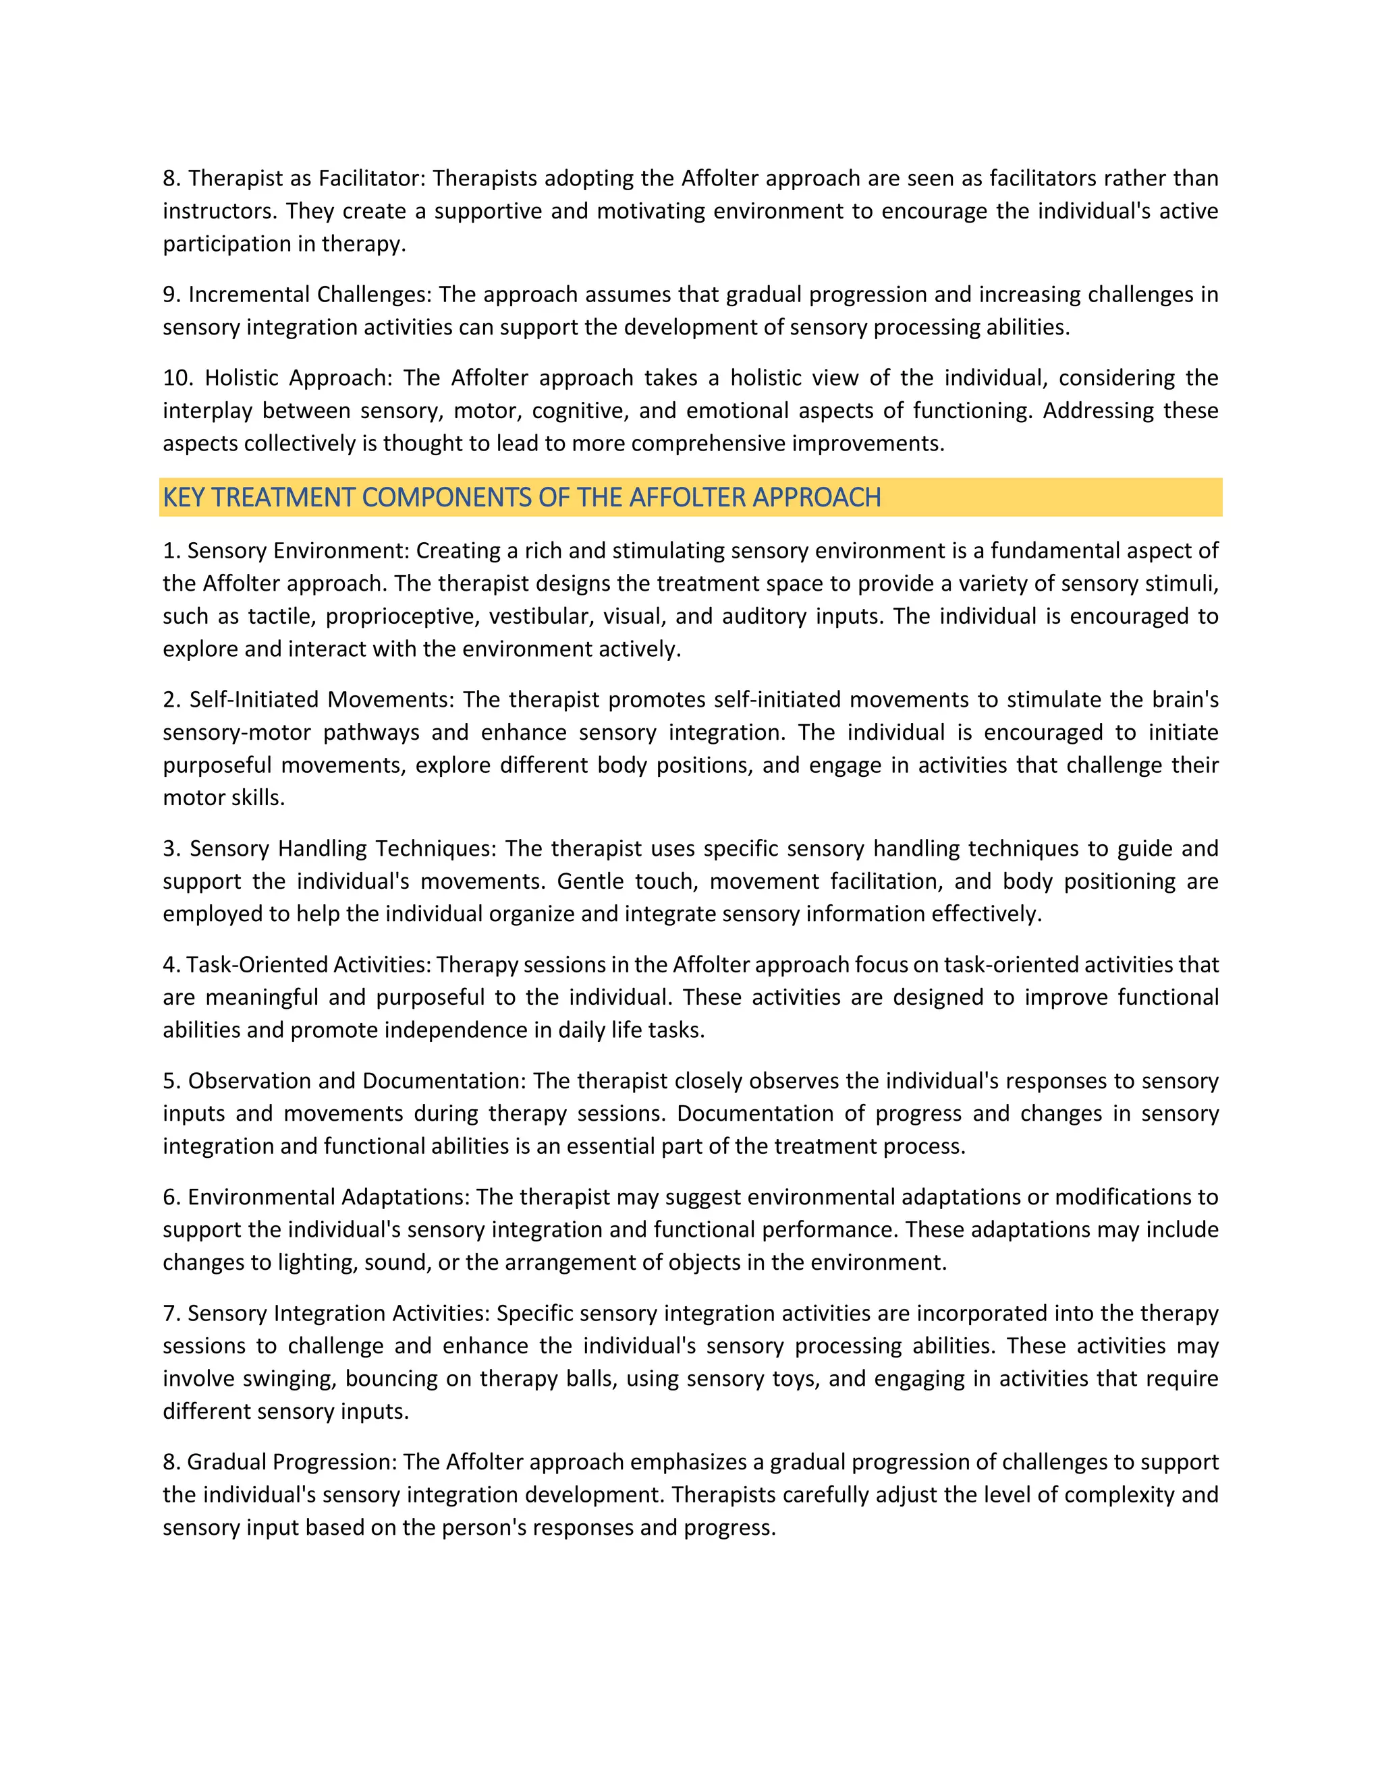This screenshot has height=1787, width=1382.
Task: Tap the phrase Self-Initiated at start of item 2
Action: click(253, 699)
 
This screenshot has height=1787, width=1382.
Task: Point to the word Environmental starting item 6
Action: click(260, 1197)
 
